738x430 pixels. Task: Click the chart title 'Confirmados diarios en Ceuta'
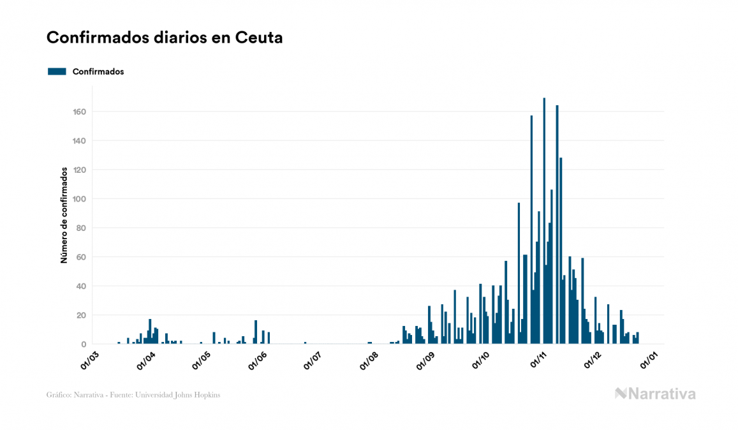coord(165,38)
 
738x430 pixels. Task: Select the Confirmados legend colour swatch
coord(57,71)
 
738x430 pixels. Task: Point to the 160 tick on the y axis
coord(79,112)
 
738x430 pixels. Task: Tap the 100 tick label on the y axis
coord(79,199)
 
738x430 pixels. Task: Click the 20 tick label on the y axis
coord(81,315)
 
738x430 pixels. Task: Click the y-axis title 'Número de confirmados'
coord(64,215)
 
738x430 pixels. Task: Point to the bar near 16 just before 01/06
coord(256,332)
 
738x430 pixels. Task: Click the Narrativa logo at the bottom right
coord(655,394)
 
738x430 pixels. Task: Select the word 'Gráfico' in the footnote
coord(58,395)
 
